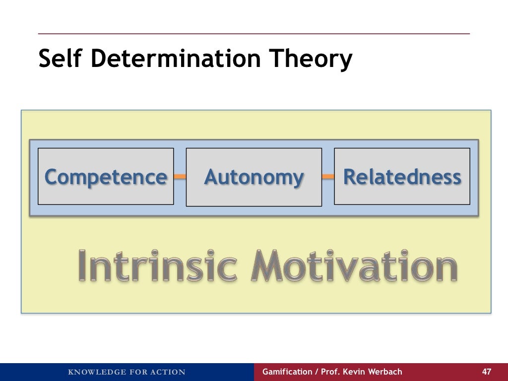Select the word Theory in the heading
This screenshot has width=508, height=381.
coord(311,60)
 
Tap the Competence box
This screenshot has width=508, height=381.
coord(106,177)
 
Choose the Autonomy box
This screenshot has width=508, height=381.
coord(254,177)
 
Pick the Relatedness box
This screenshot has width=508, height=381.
coord(402,177)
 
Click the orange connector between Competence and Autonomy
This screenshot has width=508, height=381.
coord(180,177)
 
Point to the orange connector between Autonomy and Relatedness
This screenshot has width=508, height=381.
coord(328,177)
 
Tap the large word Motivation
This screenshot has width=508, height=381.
coord(354,266)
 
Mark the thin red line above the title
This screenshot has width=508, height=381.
coord(254,34)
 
